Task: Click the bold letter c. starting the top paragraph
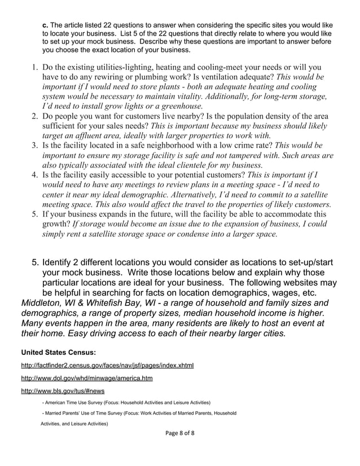click(x=46, y=25)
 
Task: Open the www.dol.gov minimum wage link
click(x=86, y=378)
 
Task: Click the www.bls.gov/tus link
click(x=63, y=390)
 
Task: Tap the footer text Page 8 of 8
click(x=179, y=433)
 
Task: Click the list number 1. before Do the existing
click(x=34, y=68)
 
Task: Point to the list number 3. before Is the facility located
click(x=34, y=146)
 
